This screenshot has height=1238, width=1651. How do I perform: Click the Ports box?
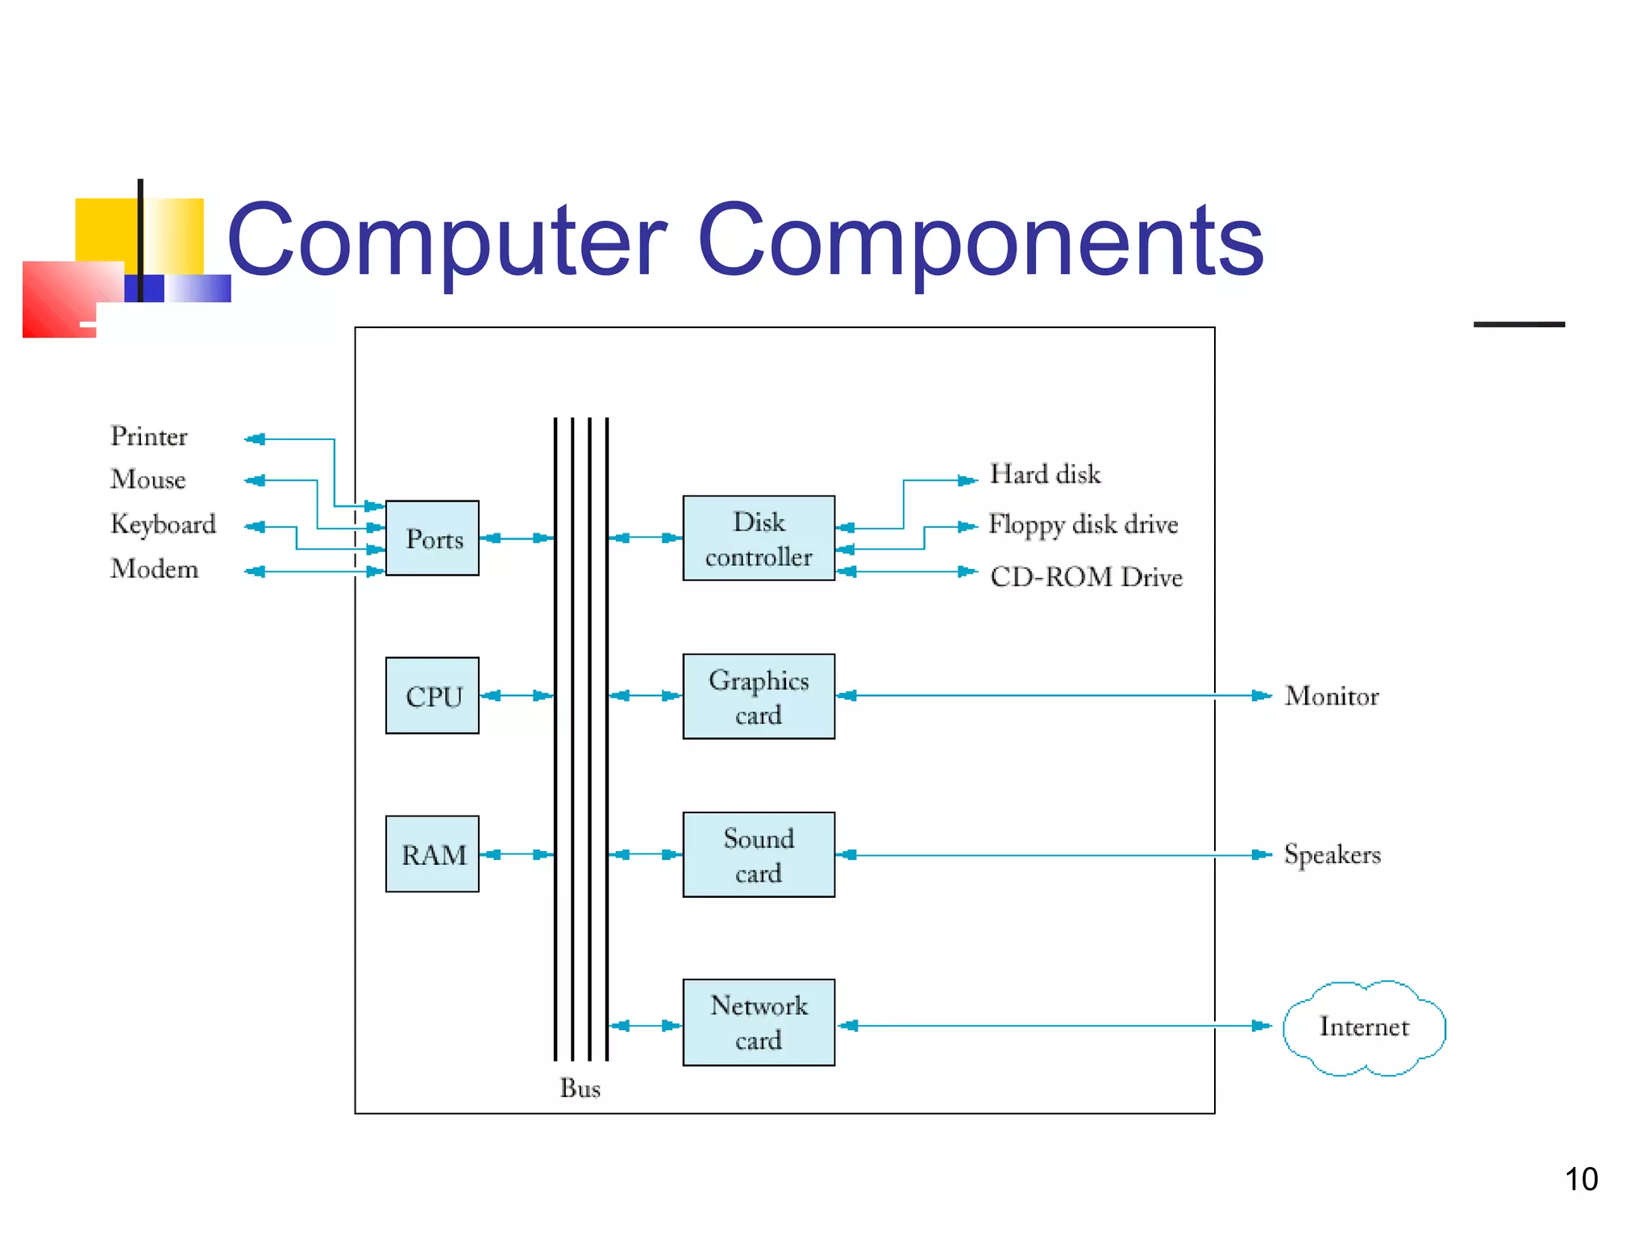[432, 538]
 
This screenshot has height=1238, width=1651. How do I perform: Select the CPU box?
[432, 696]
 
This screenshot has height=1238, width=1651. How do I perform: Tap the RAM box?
[432, 854]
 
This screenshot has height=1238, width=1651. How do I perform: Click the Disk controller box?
[758, 538]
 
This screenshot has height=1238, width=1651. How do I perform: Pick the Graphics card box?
[758, 696]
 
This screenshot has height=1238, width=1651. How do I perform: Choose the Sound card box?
[758, 854]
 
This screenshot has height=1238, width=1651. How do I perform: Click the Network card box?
[758, 1022]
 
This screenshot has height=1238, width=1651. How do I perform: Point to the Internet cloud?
[1364, 1027]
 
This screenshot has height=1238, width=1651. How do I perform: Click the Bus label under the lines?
[580, 1088]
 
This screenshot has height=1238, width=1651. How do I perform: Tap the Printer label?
[148, 436]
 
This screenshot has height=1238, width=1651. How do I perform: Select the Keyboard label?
[163, 524]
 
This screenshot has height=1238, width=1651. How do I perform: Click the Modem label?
[154, 569]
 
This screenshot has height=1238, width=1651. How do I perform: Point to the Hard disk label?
[1045, 474]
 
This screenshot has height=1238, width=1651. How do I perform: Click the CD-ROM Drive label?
[1086, 577]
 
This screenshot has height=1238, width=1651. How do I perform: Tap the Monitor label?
[1332, 696]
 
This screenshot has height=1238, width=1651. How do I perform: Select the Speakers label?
[1332, 854]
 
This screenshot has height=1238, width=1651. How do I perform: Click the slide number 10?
[1581, 1179]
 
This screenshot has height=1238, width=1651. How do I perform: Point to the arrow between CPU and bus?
[517, 696]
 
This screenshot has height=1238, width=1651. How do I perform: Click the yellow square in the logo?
[105, 230]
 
